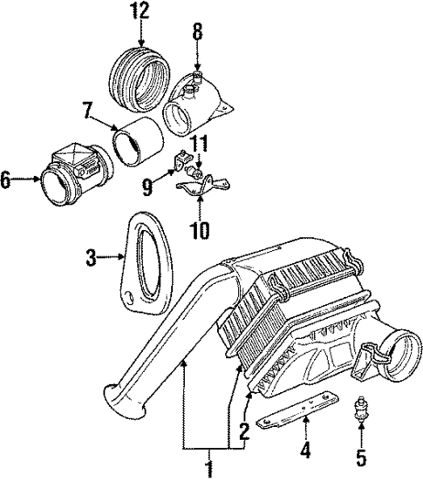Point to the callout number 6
8,180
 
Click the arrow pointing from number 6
29,180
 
